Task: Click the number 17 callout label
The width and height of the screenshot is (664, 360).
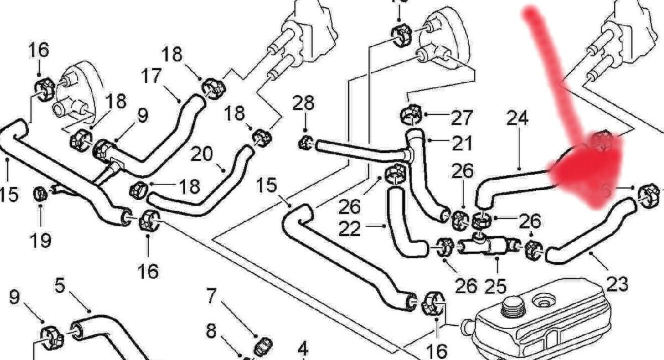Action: (152, 76)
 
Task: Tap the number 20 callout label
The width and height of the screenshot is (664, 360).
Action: (201, 154)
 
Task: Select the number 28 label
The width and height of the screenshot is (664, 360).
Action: (303, 103)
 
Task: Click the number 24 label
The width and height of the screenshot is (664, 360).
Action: (517, 118)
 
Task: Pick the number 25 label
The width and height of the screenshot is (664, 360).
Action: (496, 285)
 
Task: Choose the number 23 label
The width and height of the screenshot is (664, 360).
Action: (618, 284)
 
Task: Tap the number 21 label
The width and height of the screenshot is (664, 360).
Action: (462, 143)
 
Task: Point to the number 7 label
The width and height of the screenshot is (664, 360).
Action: (211, 296)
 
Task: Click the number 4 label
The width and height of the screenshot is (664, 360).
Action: (302, 349)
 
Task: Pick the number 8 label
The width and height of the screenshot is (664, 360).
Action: (211, 331)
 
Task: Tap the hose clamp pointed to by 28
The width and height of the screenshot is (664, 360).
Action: (303, 143)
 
